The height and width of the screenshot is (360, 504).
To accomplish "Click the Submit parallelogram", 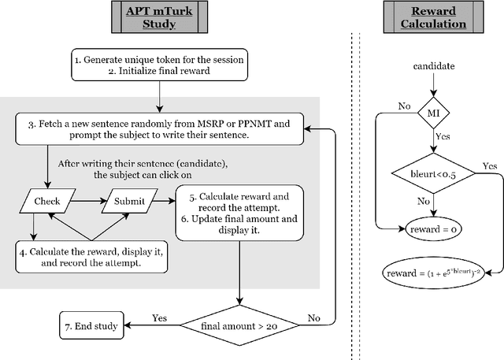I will point(128,202).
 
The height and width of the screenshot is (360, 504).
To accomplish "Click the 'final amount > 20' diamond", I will point(238,322).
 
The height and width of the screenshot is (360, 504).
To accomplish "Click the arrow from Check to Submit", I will point(88,202).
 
